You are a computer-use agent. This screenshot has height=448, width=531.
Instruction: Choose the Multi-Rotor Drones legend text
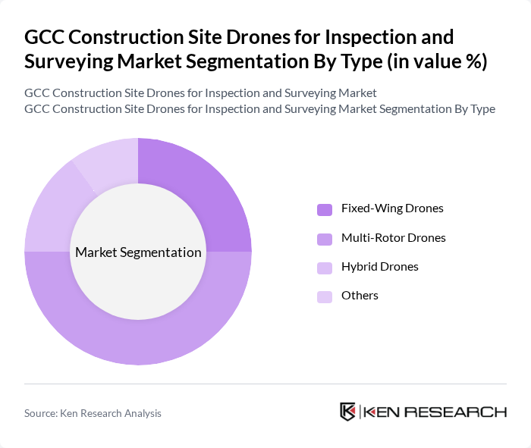click(x=393, y=237)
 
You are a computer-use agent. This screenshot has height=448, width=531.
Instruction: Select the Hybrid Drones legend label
click(x=379, y=267)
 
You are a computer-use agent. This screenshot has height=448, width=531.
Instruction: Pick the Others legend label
click(x=360, y=296)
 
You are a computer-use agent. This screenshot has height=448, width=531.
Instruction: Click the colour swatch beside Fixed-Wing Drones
click(x=325, y=209)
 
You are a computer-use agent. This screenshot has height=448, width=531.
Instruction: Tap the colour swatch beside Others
click(x=325, y=296)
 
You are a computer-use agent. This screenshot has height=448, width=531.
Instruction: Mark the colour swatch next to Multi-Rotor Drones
click(x=325, y=238)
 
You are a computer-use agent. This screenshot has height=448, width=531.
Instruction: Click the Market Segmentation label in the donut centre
click(x=138, y=252)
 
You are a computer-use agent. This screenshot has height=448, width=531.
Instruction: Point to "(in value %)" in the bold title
click(x=438, y=61)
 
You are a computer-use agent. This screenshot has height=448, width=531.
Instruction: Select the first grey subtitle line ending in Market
click(x=200, y=93)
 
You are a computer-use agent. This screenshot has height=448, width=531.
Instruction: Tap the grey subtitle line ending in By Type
click(x=259, y=109)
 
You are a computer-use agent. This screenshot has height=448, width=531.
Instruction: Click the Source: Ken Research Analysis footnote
click(x=93, y=413)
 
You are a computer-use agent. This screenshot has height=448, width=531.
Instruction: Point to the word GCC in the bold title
click(x=45, y=36)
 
